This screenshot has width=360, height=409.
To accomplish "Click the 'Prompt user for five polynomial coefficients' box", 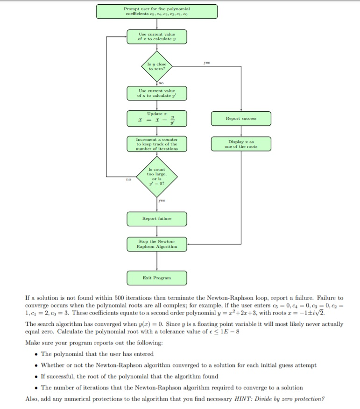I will pyautogui.click(x=157, y=12).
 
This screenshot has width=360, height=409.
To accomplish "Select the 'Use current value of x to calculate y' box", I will pyautogui.click(x=157, y=37).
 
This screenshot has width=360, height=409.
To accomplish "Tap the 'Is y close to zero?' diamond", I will pyautogui.click(x=157, y=66).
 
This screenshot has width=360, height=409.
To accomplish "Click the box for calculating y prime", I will pyautogui.click(x=157, y=93).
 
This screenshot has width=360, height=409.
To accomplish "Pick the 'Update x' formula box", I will pyautogui.click(x=157, y=118).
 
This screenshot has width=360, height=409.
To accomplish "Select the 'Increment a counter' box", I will pyautogui.click(x=157, y=144).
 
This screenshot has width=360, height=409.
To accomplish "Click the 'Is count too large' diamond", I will pyautogui.click(x=157, y=177).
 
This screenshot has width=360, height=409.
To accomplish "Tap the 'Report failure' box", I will pyautogui.click(x=157, y=218).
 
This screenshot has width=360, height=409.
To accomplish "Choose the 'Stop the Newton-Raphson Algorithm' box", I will pyautogui.click(x=157, y=244).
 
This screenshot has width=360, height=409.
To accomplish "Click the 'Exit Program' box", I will pyautogui.click(x=157, y=278).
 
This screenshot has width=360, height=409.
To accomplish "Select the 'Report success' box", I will pyautogui.click(x=241, y=118).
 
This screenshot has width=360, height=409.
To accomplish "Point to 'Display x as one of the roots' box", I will pyautogui.click(x=241, y=144).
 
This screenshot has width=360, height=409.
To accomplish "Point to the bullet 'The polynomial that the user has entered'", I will pyautogui.click(x=97, y=354).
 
